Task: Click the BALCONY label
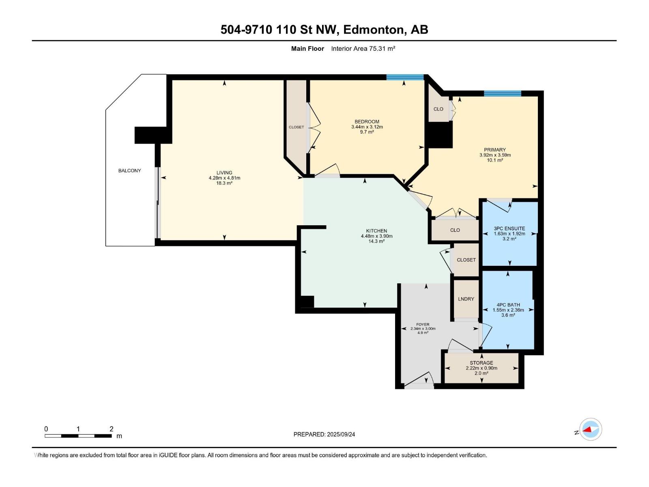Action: (129, 170)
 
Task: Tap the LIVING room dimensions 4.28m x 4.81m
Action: (224, 178)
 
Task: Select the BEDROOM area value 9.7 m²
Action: (367, 132)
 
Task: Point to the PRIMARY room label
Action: (495, 150)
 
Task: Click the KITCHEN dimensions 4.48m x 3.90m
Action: (377, 236)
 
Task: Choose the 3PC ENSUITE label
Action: (509, 228)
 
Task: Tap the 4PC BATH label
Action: (508, 304)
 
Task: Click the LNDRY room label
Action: (466, 299)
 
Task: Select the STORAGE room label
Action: (481, 363)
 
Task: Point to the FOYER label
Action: (423, 324)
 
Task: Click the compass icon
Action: (591, 429)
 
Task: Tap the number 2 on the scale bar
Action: (112, 429)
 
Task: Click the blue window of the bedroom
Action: (405, 77)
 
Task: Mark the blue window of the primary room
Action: (503, 93)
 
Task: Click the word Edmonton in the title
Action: (374, 30)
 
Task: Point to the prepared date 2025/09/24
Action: (341, 434)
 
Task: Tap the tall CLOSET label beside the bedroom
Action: (296, 127)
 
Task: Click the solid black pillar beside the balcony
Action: (153, 135)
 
